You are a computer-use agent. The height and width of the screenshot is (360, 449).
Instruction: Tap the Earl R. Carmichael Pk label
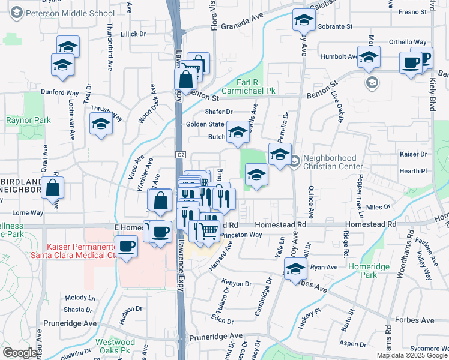247,86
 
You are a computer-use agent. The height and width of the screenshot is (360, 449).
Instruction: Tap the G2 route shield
181,155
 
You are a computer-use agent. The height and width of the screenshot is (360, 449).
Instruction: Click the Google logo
20,353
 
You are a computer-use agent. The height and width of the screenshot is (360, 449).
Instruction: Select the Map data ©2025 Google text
412,355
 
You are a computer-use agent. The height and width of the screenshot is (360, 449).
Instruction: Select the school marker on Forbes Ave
295,269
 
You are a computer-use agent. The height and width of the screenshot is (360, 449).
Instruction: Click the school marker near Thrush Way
101,124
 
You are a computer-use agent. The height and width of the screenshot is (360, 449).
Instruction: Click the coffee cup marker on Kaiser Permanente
126,246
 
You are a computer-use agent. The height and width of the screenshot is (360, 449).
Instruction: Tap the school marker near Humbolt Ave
369,57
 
